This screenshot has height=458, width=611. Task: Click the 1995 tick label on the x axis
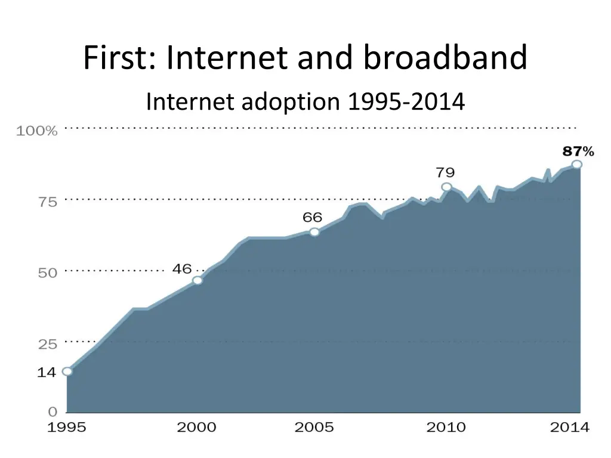pyautogui.click(x=67, y=427)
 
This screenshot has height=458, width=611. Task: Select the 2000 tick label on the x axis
pyautogui.click(x=197, y=427)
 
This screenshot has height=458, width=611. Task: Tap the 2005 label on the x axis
pyautogui.click(x=314, y=427)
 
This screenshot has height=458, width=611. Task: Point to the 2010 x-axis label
pyautogui.click(x=446, y=427)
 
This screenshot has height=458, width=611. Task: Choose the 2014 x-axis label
pyautogui.click(x=569, y=427)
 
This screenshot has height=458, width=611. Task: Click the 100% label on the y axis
pyautogui.click(x=37, y=131)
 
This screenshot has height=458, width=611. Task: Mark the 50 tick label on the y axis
pyautogui.click(x=48, y=273)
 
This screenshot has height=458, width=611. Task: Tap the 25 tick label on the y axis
pyautogui.click(x=48, y=344)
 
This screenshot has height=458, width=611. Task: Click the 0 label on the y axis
pyautogui.click(x=53, y=411)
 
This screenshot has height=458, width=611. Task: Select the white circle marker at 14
pyautogui.click(x=67, y=371)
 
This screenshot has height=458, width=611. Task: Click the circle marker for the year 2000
pyautogui.click(x=198, y=280)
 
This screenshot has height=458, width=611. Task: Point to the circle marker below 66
pyautogui.click(x=314, y=232)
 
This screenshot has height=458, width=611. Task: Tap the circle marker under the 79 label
pyautogui.click(x=446, y=187)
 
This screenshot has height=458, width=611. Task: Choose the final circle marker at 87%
pyautogui.click(x=576, y=165)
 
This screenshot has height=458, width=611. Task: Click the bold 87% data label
pyautogui.click(x=578, y=151)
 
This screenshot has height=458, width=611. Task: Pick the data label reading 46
pyautogui.click(x=182, y=269)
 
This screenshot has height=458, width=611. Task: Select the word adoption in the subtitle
pyautogui.click(x=290, y=102)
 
